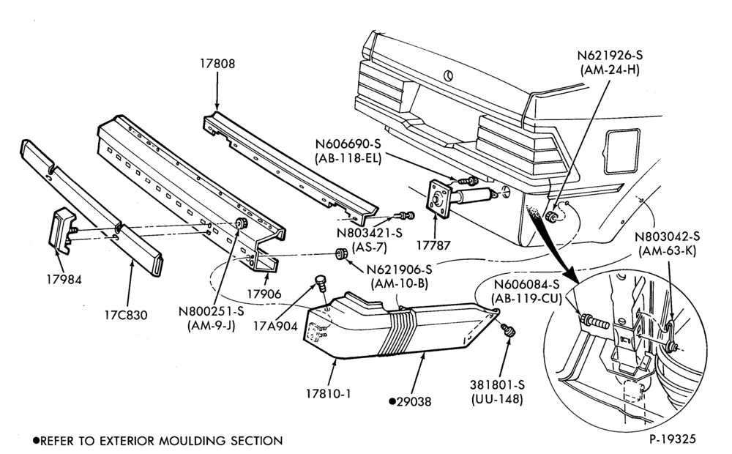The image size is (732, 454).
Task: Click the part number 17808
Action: pyautogui.click(x=217, y=64)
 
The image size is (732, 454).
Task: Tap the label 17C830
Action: pyautogui.click(x=126, y=315)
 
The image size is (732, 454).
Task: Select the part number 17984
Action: pyautogui.click(x=64, y=279)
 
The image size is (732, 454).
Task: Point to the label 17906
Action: pyautogui.click(x=264, y=294)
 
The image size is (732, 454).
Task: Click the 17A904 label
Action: pyautogui.click(x=275, y=326)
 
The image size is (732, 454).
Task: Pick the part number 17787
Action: pyautogui.click(x=433, y=245)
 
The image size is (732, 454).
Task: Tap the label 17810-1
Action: pyautogui.click(x=328, y=394)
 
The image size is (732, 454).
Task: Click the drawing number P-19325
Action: pyautogui.click(x=672, y=439)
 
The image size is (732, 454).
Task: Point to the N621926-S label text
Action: pyautogui.click(x=610, y=55)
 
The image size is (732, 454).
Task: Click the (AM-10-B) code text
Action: pyautogui.click(x=399, y=283)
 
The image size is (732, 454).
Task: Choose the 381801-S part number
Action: pyautogui.click(x=497, y=385)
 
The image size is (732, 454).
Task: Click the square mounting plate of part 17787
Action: pyautogui.click(x=439, y=199)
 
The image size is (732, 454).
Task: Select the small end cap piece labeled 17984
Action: pyautogui.click(x=61, y=231)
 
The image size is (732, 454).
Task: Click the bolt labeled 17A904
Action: pyautogui.click(x=321, y=283)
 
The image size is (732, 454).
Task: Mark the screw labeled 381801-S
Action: pyautogui.click(x=508, y=330)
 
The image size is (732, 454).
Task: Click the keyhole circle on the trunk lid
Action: pyautogui.click(x=448, y=75)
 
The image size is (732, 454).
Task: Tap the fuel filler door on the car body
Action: pyautogui.click(x=621, y=151)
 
